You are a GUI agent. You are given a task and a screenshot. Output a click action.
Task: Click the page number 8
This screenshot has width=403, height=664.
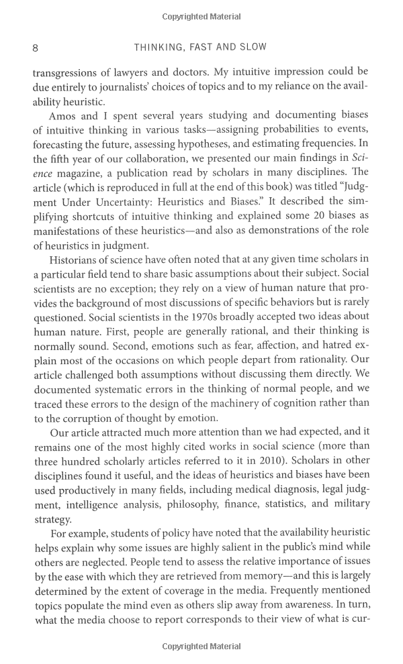tap(35, 48)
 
